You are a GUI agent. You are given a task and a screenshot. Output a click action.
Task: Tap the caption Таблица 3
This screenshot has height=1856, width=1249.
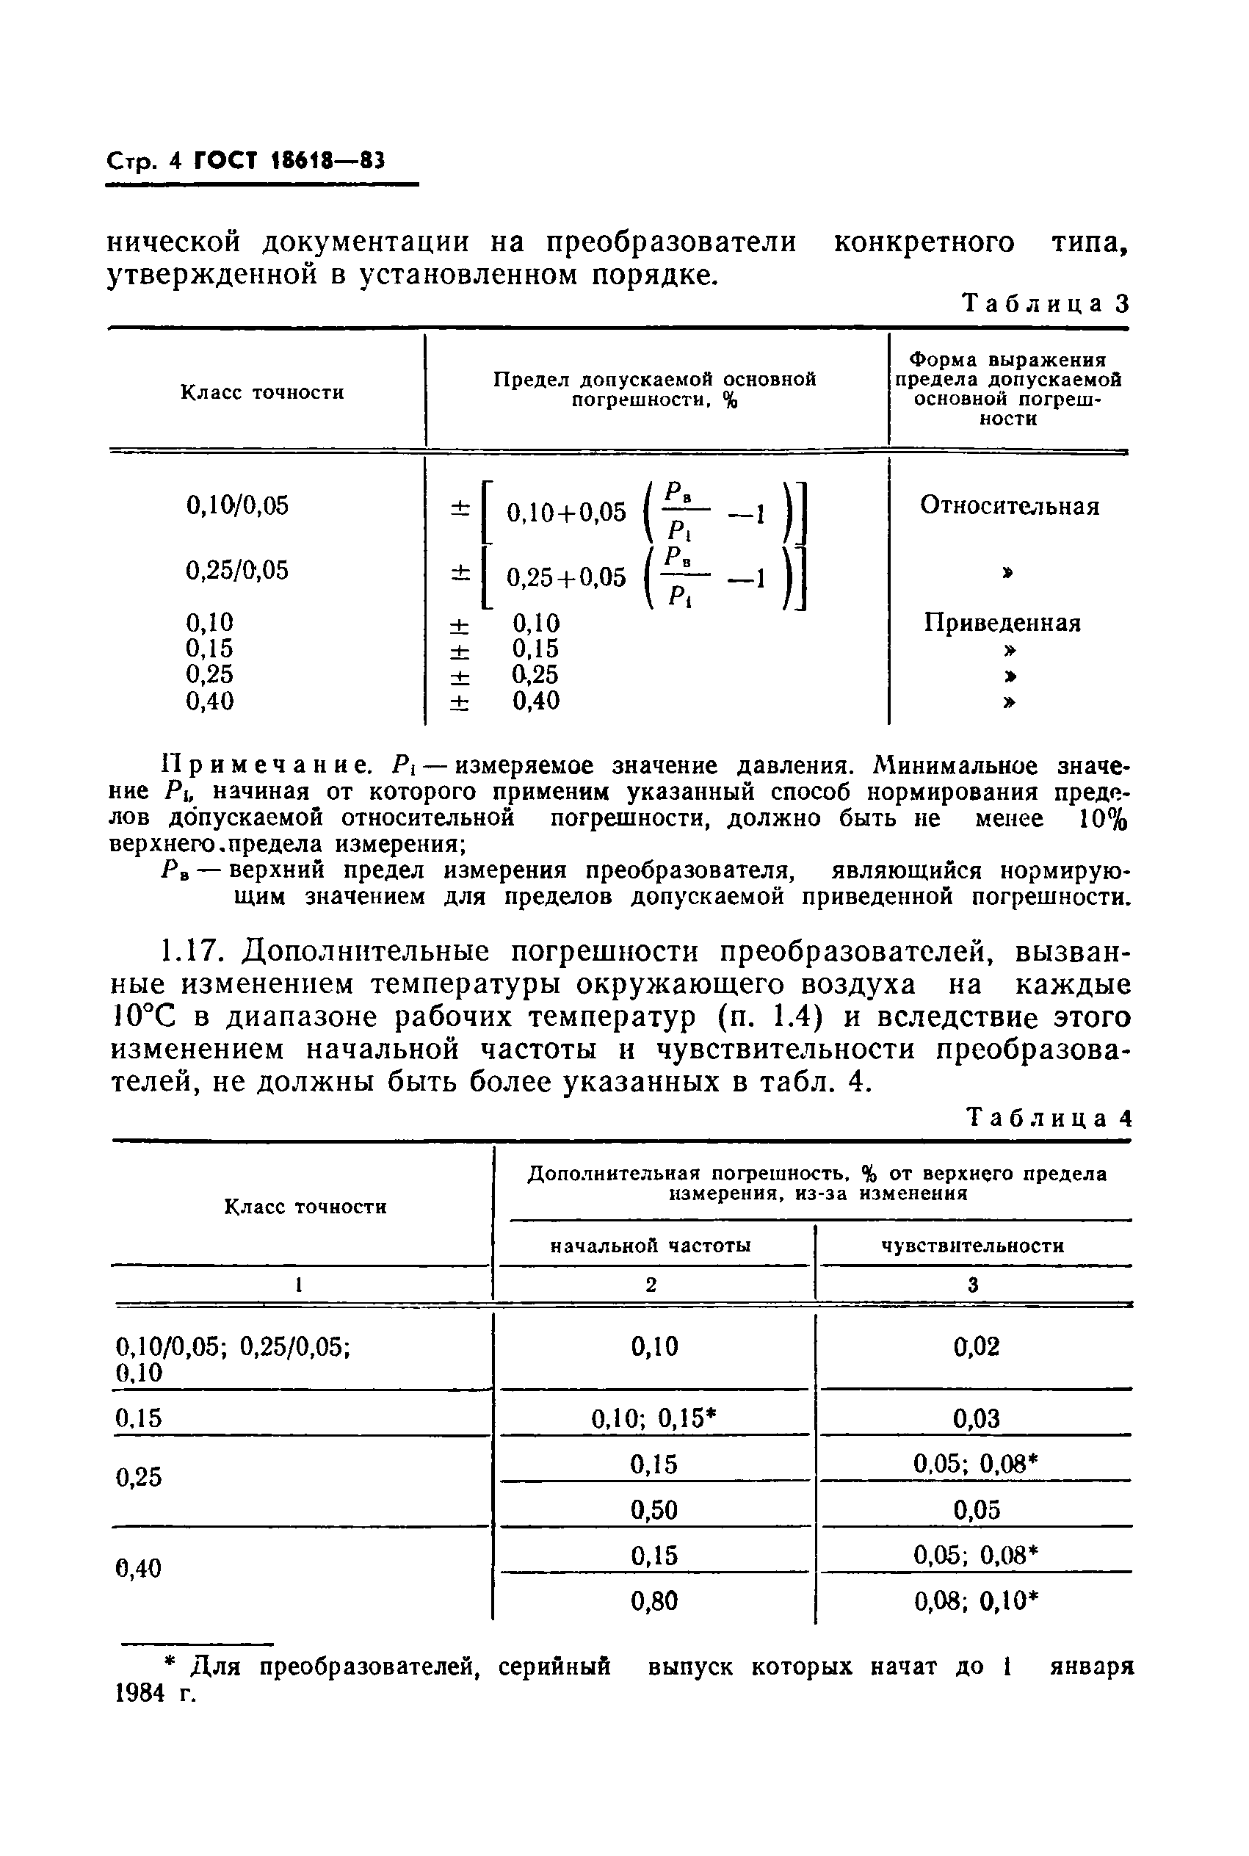pos(1046,304)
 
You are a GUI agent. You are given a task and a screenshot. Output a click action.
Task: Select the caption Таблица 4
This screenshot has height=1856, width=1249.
pos(1049,1119)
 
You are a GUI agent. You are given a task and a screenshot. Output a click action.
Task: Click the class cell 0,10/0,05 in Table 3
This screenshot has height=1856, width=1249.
pos(237,505)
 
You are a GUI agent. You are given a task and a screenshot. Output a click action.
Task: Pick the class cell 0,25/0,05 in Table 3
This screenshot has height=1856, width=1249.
pos(237,571)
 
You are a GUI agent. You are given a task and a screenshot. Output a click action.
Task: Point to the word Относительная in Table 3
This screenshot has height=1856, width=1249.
pos(1009,506)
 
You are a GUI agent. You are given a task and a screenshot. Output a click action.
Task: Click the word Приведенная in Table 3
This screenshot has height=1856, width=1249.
pos(1002,622)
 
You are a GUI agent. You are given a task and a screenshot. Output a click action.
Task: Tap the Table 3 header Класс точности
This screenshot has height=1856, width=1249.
pos(262,393)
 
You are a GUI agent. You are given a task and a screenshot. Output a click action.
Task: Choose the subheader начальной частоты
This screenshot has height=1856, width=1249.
pos(651,1245)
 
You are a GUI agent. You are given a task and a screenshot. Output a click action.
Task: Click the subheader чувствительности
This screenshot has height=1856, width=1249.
pos(973,1245)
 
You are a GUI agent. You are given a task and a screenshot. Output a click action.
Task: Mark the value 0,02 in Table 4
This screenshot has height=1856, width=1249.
pos(976,1347)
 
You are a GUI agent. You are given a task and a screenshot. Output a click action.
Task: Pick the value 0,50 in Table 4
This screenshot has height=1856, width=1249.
pos(654,1509)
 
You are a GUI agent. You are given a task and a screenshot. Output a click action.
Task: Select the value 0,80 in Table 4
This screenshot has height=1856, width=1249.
pos(654,1601)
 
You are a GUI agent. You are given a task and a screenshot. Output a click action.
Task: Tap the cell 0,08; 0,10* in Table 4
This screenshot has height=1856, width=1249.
pos(977,1601)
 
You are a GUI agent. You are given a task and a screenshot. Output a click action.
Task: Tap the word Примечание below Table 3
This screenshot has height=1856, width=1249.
pos(265,765)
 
